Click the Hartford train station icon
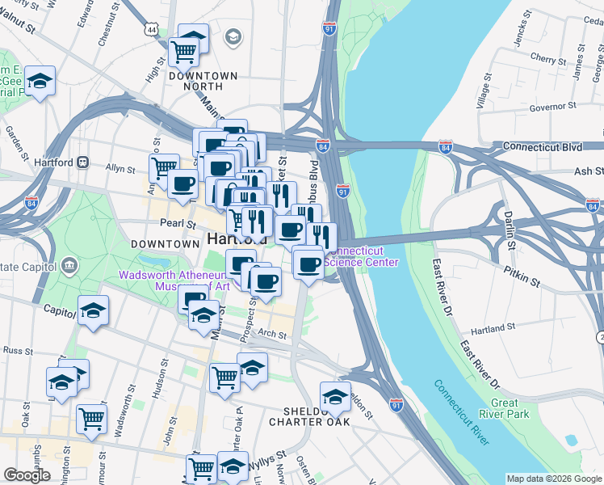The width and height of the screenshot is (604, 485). (82, 161)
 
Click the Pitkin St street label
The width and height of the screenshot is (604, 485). (522, 280)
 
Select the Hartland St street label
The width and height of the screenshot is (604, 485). (491, 327)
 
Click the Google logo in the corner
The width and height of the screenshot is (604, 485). (27, 475)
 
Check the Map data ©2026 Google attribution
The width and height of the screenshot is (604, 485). (554, 479)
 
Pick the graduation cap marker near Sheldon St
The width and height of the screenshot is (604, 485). (335, 396)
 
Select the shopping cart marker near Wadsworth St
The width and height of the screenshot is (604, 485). (92, 418)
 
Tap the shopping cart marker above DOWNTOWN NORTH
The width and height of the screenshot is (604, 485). (184, 51)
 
